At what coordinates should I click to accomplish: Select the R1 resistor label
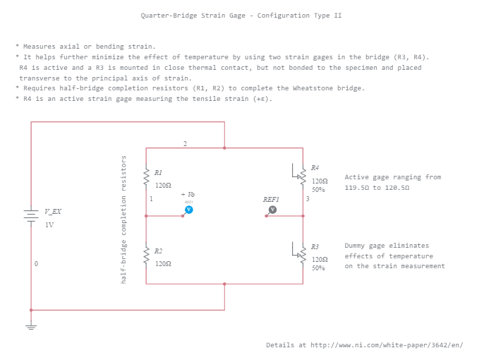point(159,172)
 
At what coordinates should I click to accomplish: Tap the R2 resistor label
point(159,251)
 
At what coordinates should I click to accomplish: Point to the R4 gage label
point(315,167)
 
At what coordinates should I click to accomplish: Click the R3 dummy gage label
point(315,246)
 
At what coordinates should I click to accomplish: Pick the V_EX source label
point(53,212)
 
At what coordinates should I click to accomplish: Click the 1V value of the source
point(49,225)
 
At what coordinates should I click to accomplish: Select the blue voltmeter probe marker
point(188,210)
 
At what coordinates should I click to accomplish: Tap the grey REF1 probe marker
point(272,210)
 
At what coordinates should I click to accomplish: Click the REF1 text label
point(271,200)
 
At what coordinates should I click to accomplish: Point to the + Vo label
point(188,193)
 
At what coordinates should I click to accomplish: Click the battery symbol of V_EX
point(30,215)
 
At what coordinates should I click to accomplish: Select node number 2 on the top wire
point(185,143)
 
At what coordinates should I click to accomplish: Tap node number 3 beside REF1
point(308,199)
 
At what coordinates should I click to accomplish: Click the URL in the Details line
point(387,345)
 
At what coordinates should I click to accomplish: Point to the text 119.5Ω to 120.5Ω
point(377,188)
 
